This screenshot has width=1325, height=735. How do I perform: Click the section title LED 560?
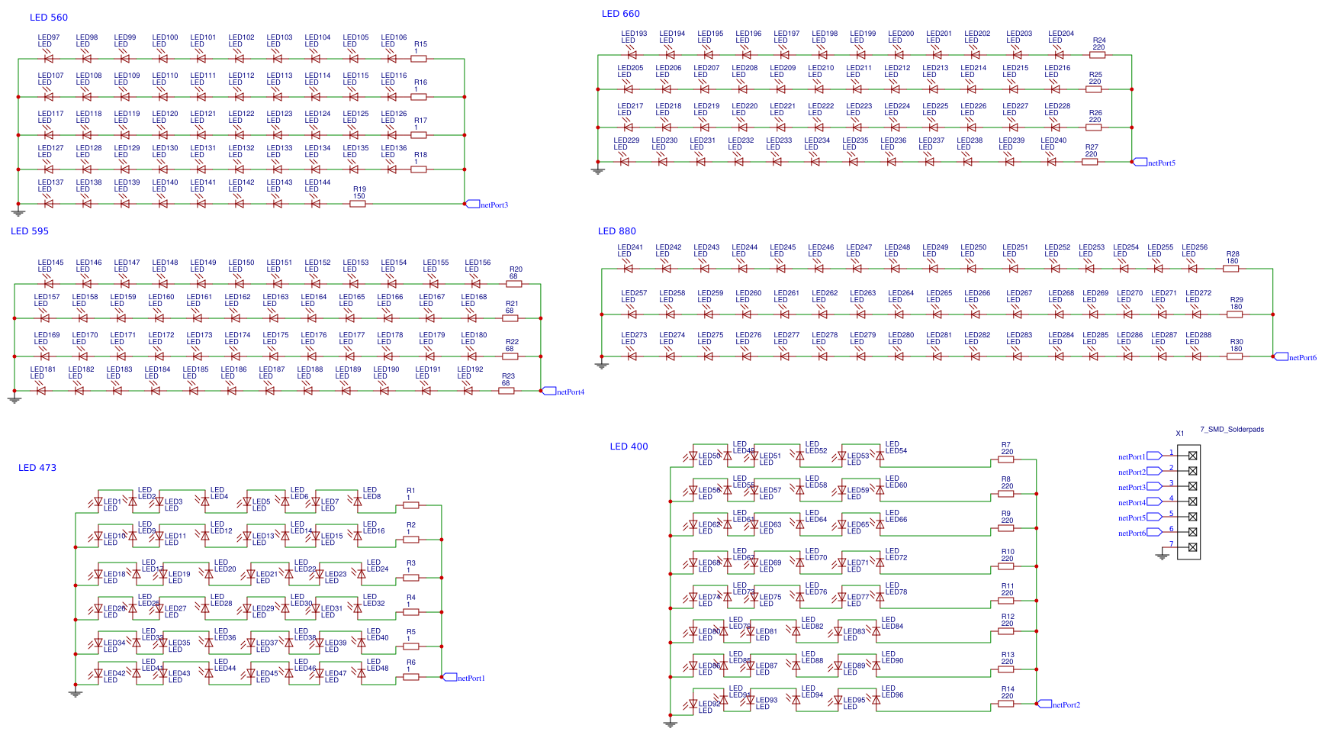(49, 18)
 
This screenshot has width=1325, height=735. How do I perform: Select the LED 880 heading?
(616, 231)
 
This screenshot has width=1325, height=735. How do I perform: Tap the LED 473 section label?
(37, 468)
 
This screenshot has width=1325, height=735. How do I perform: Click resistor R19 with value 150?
(357, 204)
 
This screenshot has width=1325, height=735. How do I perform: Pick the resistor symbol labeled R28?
(1230, 269)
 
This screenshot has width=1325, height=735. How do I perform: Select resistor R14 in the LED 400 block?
(1005, 704)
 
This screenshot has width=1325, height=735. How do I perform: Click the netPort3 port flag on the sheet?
(473, 204)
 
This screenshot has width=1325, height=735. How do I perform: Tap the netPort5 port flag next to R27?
(1140, 162)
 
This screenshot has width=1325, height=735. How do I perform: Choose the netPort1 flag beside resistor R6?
(450, 677)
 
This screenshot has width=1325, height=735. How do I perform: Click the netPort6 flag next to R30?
(1282, 356)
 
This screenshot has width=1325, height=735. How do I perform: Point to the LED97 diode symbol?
(49, 59)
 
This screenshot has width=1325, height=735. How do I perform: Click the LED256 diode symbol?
(1192, 269)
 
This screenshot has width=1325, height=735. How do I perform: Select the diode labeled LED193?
(632, 55)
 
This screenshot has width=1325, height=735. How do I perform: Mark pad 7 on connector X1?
(1192, 547)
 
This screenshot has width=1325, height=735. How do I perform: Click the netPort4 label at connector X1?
(1132, 503)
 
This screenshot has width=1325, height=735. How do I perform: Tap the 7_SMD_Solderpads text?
(1231, 430)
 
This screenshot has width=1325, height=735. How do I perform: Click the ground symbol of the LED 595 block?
(14, 399)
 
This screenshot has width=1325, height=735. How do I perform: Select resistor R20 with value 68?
(513, 284)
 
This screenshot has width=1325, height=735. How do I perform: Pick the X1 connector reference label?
(1179, 434)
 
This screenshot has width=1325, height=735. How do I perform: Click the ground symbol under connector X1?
(1162, 556)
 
